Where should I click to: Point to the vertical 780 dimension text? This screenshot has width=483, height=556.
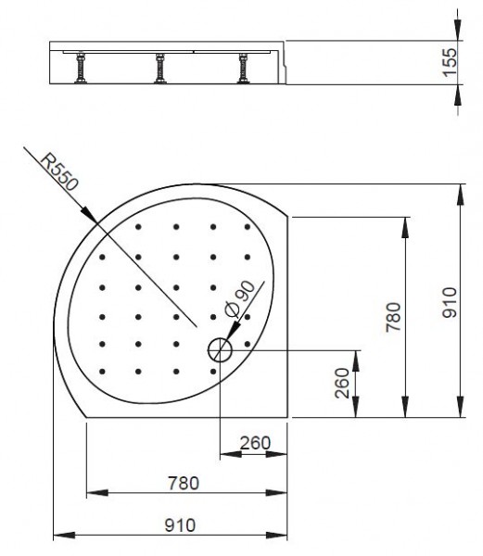(393, 316)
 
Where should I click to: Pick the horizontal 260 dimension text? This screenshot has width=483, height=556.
(254, 444)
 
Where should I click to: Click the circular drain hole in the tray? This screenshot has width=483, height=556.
(220, 349)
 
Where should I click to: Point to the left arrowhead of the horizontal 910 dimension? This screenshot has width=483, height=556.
(59, 535)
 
